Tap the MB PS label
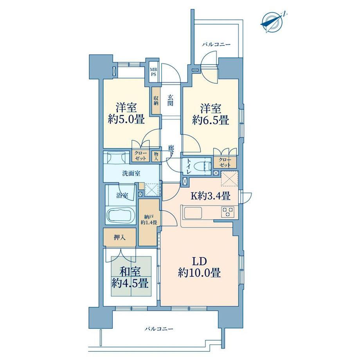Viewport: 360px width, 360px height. tap(153, 72)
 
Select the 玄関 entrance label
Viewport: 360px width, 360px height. tap(170, 100)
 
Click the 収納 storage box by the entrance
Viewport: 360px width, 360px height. tap(156, 100)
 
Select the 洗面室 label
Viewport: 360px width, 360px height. tap(131, 174)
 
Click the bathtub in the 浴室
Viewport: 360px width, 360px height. tap(120, 215)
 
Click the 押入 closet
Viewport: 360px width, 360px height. tap(120, 238)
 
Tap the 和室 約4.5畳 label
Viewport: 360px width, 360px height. tap(130, 278)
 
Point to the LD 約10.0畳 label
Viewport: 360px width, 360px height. tap(199, 268)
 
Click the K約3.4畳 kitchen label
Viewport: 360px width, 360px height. tap(211, 196)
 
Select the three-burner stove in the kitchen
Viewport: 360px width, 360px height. tap(227, 212)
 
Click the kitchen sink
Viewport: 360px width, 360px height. tap(193, 213)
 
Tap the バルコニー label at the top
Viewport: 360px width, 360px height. tap(216, 45)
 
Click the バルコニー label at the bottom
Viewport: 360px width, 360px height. tap(158, 329)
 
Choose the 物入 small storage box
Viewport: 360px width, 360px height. tap(156, 156)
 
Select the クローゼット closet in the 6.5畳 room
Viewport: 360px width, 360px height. tap(225, 162)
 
